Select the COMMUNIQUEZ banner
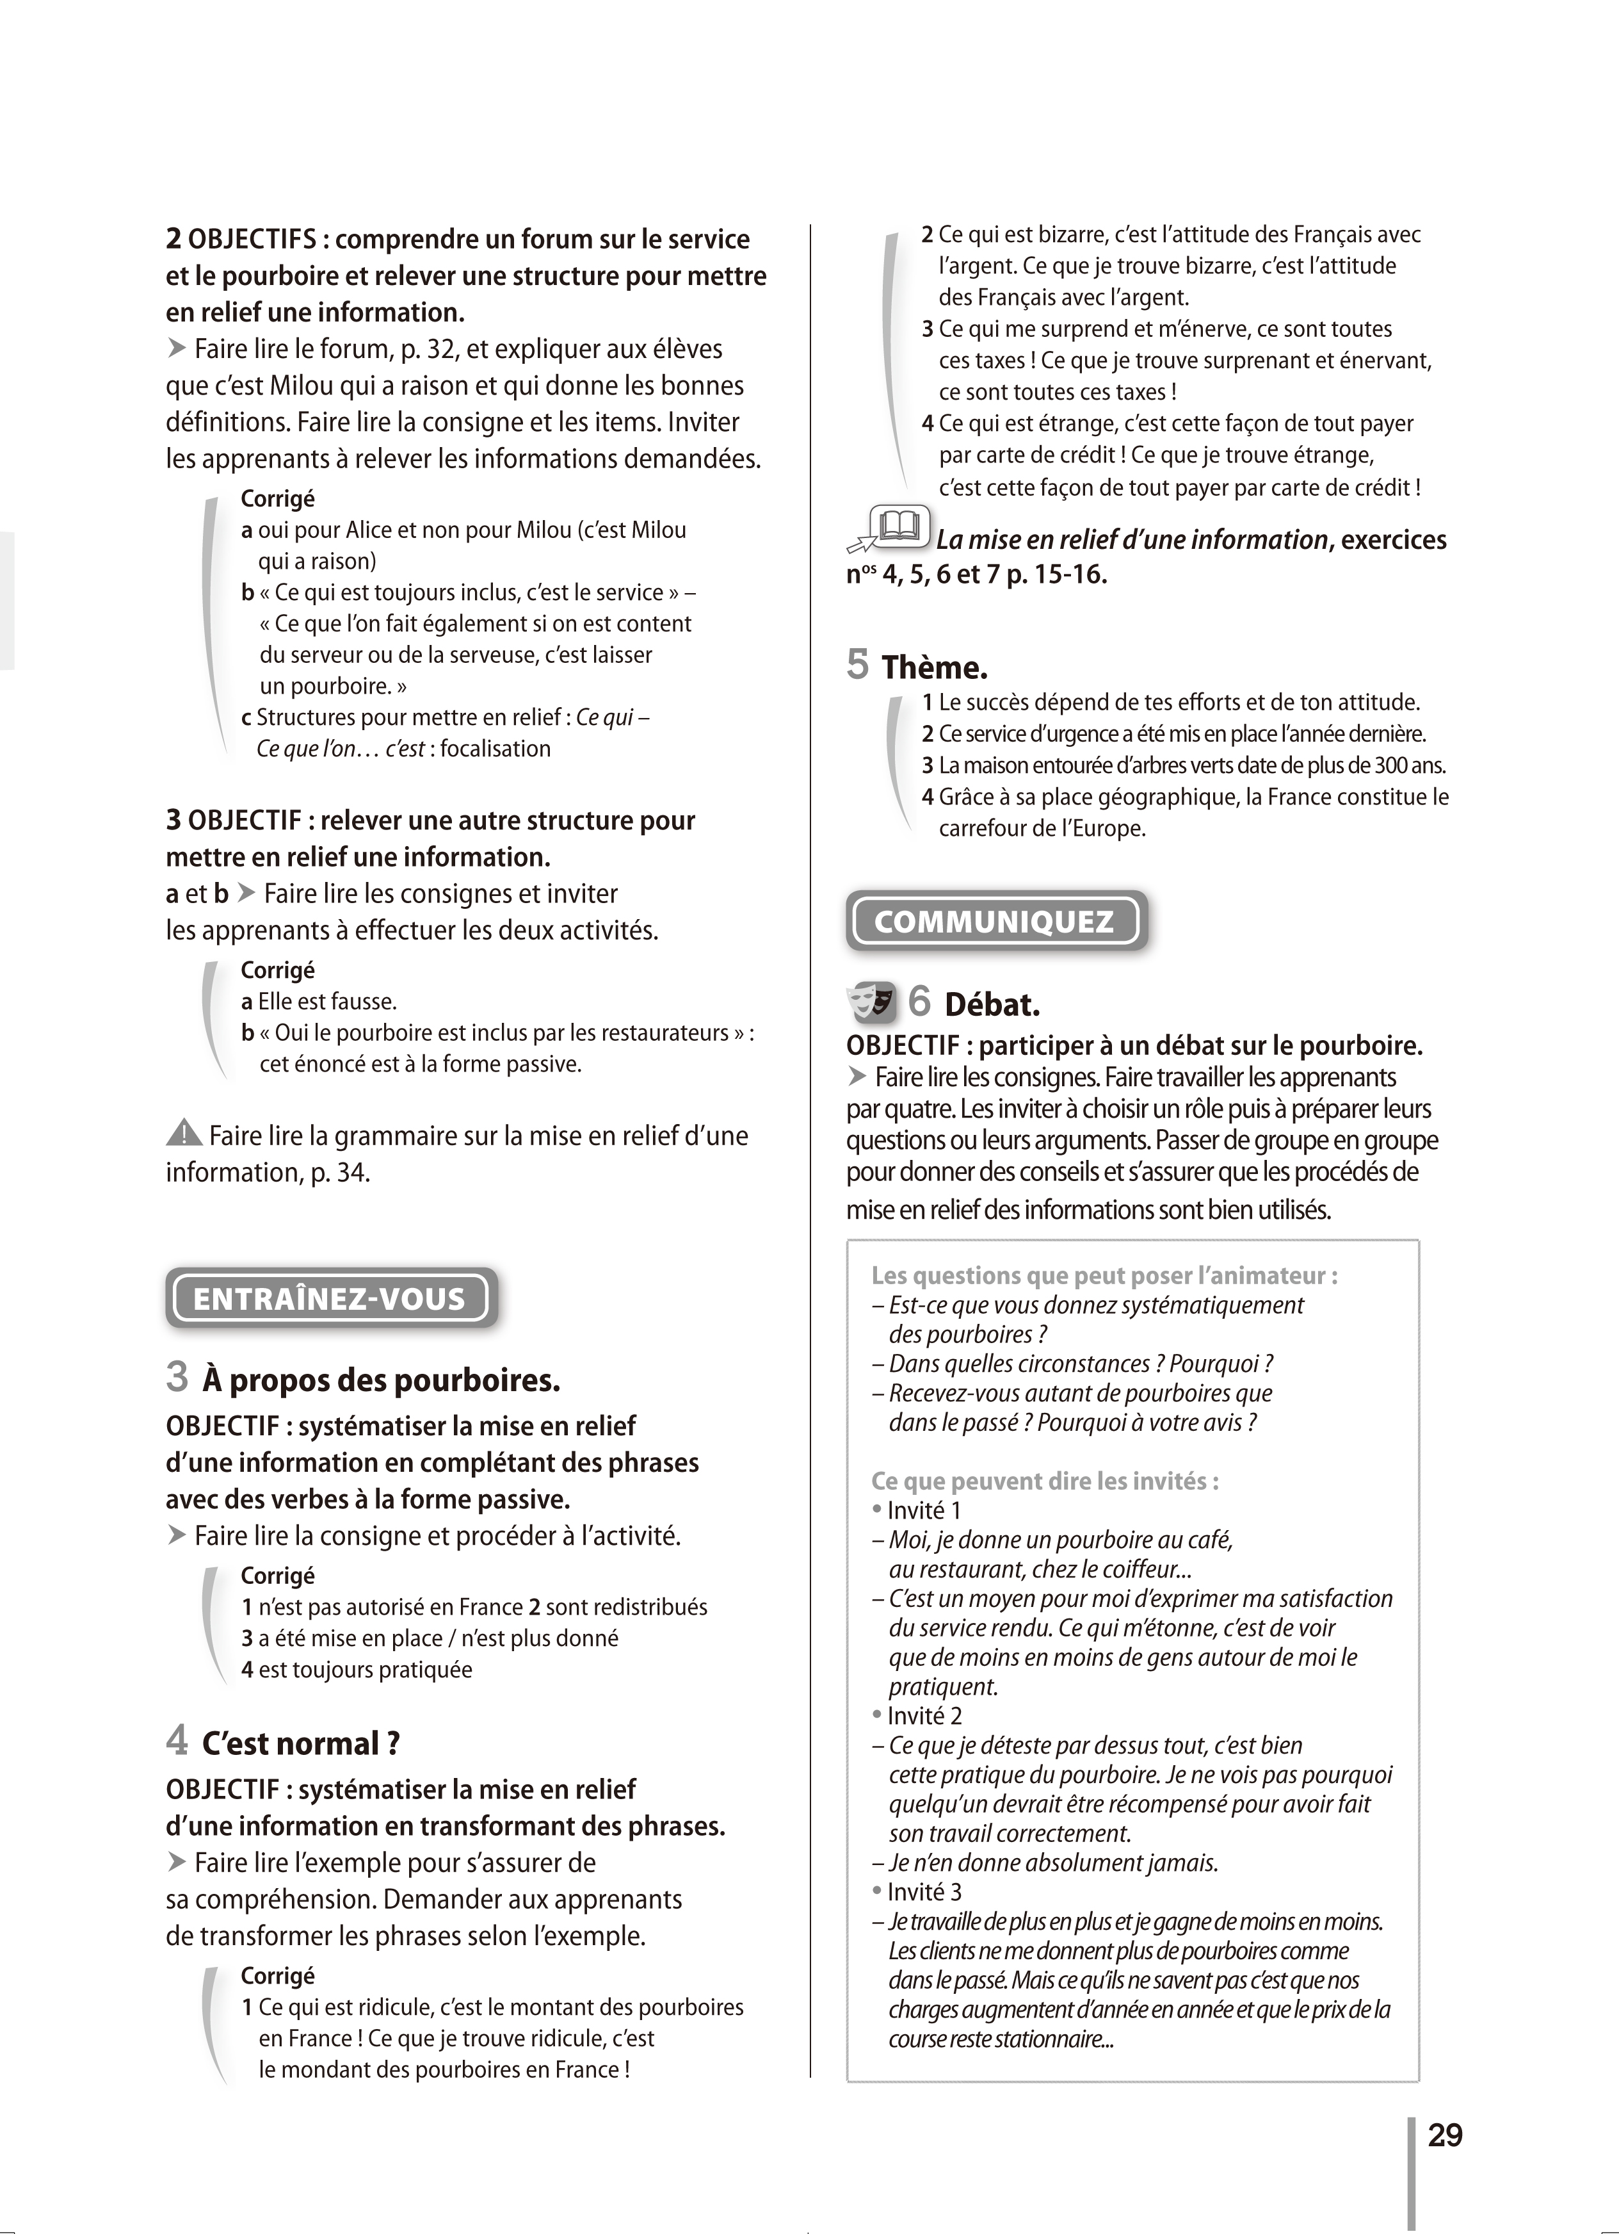pyautogui.click(x=995, y=921)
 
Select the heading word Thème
pyautogui.click(x=933, y=668)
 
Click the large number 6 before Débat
pyautogui.click(x=919, y=1001)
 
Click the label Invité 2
pyautogui.click(x=924, y=1715)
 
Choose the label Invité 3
pyautogui.click(x=924, y=1891)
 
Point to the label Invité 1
pyautogui.click(x=924, y=1510)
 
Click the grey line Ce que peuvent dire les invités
pyautogui.click(x=1045, y=1480)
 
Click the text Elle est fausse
pyautogui.click(x=327, y=1002)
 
